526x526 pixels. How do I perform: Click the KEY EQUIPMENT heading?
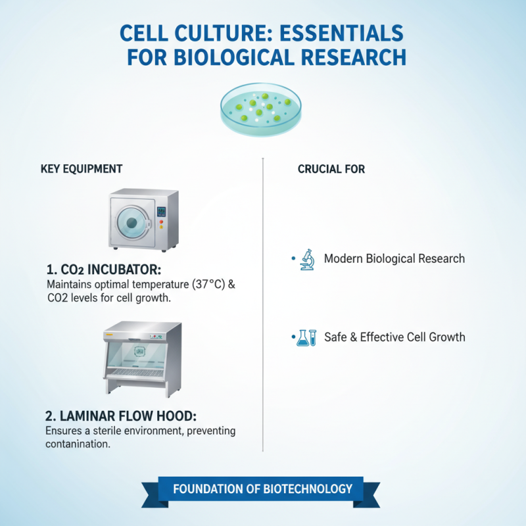[81, 169]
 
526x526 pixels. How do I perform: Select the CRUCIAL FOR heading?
[331, 169]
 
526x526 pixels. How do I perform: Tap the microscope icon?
[306, 259]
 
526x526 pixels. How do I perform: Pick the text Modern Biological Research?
[394, 258]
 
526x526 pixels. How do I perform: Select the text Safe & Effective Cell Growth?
[394, 337]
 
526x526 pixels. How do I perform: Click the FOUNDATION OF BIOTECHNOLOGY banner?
[263, 489]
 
